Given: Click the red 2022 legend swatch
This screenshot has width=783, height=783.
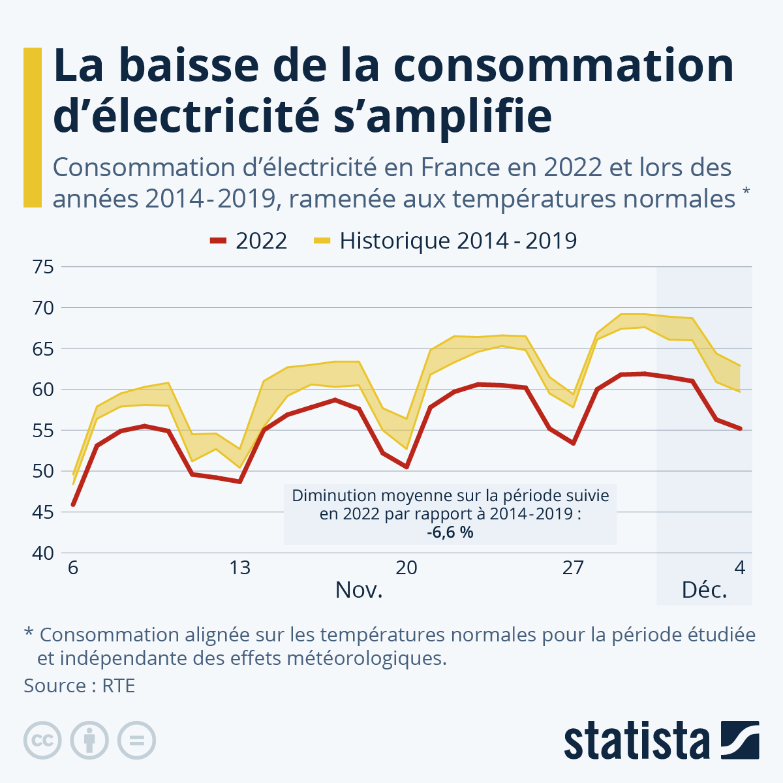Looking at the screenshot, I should tap(218, 241).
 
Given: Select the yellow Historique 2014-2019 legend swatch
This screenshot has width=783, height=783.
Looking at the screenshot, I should tap(322, 241).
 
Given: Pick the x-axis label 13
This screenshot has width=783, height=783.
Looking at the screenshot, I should tap(239, 568).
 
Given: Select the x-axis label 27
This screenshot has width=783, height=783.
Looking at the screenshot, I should tap(573, 568).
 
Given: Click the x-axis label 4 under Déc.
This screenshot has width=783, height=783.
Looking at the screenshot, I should tap(739, 568).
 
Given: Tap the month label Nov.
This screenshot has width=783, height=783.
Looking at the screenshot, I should tap(358, 590).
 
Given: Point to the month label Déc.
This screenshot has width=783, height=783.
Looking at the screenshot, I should tap(704, 590).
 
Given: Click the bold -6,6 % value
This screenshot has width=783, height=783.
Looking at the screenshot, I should tap(450, 532).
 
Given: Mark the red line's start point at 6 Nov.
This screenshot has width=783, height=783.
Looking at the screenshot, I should tap(73, 504).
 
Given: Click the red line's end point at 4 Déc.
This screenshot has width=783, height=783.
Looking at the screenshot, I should tap(740, 429).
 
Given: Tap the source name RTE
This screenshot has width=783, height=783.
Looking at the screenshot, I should tap(118, 686).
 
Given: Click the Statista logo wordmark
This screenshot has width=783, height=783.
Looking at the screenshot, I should tap(637, 741).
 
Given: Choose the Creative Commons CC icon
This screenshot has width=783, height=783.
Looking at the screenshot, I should tap(42, 741).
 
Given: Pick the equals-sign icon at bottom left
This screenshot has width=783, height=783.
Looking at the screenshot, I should tap(136, 741).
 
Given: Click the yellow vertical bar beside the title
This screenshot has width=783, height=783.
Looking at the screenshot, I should tap(32, 127).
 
